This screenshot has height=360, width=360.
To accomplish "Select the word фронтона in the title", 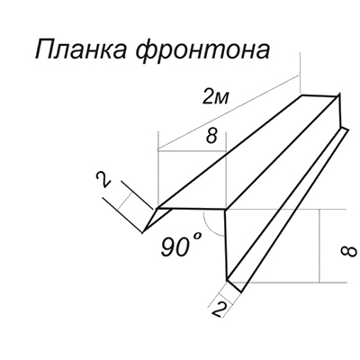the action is coord(204,51).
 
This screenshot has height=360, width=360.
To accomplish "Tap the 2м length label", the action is coord(216,97).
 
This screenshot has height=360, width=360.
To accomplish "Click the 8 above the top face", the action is coord(211,137).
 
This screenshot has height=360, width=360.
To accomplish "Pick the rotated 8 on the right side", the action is coord(349,251).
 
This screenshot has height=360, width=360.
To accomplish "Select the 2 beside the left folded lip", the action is coord(103,181).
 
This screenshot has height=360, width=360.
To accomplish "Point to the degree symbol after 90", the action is coord(196,237).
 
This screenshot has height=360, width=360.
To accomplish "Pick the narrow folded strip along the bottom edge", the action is coord(288,210).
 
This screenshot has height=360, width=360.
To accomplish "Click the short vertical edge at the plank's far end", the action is coord(340,111).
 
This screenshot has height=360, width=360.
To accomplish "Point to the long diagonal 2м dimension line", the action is coord(229,112).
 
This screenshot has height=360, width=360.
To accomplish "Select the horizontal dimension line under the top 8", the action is coord(192,151).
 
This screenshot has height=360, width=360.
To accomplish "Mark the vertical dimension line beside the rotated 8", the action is coord(319,246).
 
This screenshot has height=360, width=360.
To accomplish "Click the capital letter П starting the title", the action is coord(44,49).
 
